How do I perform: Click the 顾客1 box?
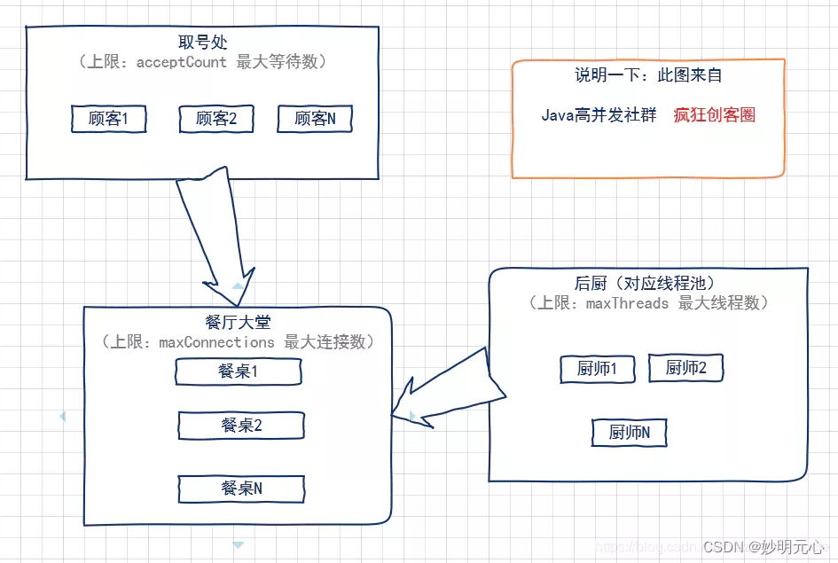tap(108, 119)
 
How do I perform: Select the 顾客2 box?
tap(216, 119)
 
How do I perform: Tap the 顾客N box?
tap(315, 119)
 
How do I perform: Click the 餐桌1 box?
tap(238, 372)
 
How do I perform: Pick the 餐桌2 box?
tap(241, 426)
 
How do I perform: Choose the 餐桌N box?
tap(241, 489)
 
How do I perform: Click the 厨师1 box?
tap(597, 370)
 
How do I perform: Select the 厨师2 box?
tap(685, 368)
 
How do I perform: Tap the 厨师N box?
tap(629, 434)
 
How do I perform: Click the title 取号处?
tap(202, 43)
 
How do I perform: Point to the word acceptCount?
tap(181, 62)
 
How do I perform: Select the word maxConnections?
tap(216, 342)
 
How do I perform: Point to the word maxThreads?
tap(627, 303)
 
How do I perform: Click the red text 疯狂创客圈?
tap(714, 115)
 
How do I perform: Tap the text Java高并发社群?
tap(599, 115)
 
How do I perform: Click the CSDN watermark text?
tap(723, 547)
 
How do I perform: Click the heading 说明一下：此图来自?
tap(648, 76)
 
